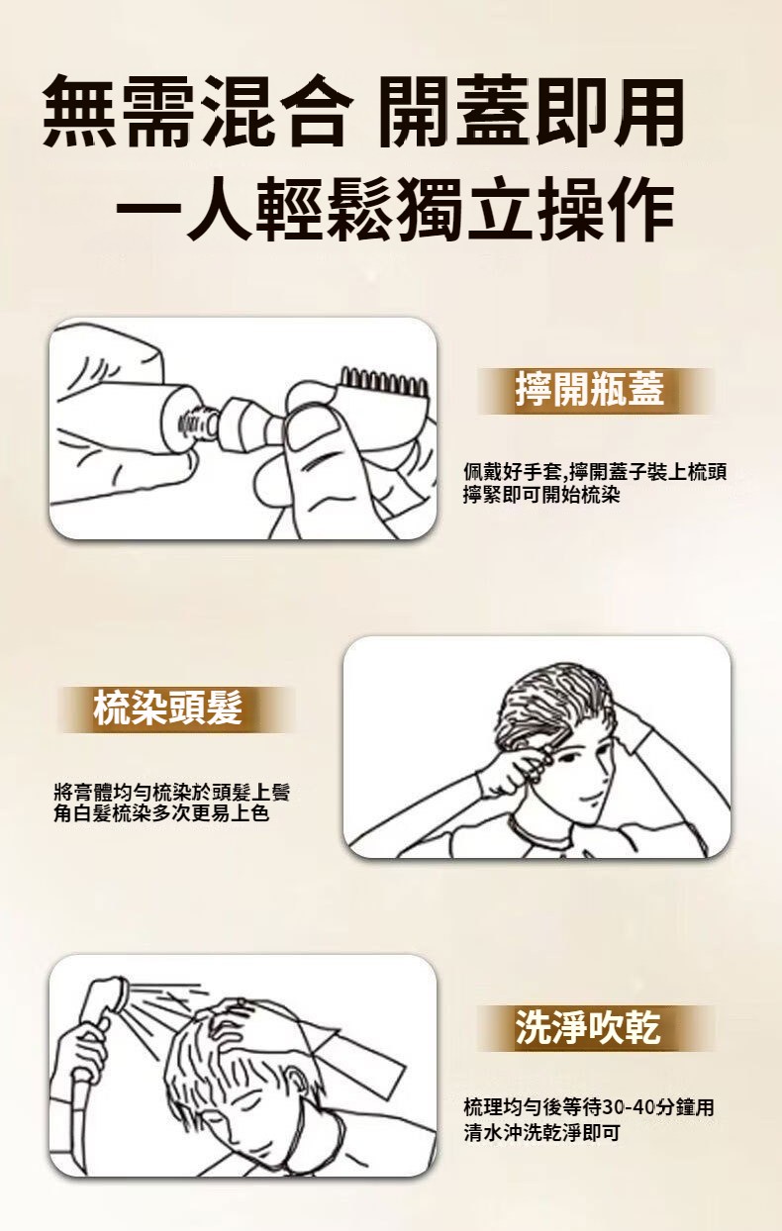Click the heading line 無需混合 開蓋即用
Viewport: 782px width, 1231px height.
(363, 113)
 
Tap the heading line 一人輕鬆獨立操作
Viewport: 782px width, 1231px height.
(395, 210)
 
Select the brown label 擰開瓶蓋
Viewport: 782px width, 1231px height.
(590, 389)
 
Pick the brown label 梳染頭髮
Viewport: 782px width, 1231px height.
(168, 708)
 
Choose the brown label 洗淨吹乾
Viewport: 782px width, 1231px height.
(589, 1026)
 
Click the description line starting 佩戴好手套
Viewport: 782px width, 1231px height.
(595, 471)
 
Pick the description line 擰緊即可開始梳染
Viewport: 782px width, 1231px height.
(541, 495)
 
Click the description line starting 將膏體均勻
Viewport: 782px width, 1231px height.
(172, 792)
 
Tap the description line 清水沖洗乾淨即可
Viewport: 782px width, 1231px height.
(541, 1133)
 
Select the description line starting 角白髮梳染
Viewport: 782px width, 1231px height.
(161, 812)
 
